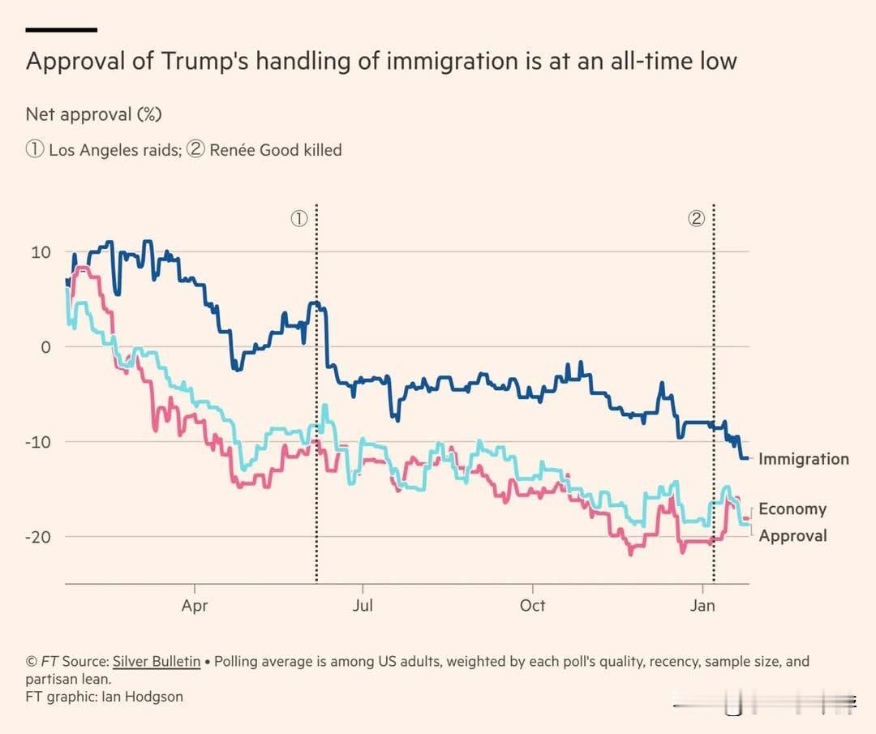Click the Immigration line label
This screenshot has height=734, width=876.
pyautogui.click(x=803, y=459)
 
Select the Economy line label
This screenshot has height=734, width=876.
pyautogui.click(x=792, y=509)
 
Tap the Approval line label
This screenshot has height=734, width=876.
pyautogui.click(x=792, y=535)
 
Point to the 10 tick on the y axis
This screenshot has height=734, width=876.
pyautogui.click(x=41, y=252)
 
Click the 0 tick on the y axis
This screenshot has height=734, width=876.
pyautogui.click(x=45, y=347)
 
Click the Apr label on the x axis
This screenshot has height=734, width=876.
pyautogui.click(x=195, y=606)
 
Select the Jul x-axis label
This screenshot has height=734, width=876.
pyautogui.click(x=363, y=606)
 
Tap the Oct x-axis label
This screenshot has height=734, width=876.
pyautogui.click(x=532, y=606)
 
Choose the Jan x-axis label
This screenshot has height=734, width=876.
pyautogui.click(x=702, y=606)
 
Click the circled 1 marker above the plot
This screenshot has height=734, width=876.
pyautogui.click(x=298, y=218)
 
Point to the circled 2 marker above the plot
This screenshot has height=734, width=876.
pyautogui.click(x=696, y=218)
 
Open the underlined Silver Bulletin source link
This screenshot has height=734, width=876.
pyautogui.click(x=157, y=662)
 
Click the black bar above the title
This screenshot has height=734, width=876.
pyautogui.click(x=62, y=30)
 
